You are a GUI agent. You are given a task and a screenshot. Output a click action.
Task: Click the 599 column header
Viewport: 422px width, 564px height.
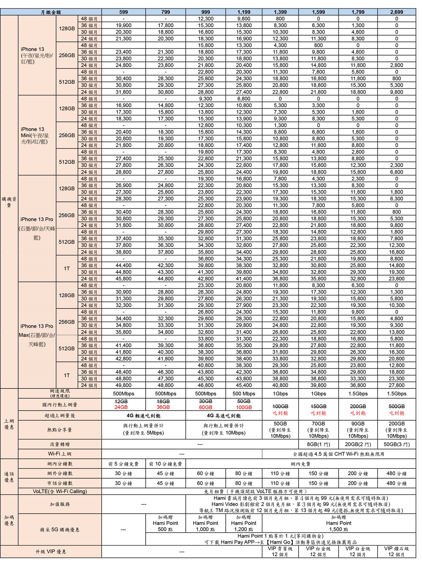(123, 12)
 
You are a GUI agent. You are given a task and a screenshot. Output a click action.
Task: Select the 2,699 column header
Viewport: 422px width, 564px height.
(397, 12)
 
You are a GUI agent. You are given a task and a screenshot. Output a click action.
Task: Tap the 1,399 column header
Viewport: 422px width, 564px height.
(280, 12)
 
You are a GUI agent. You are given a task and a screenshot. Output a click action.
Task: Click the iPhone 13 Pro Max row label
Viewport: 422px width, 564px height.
(37, 335)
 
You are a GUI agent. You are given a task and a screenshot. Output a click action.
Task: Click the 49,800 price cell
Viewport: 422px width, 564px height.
(123, 385)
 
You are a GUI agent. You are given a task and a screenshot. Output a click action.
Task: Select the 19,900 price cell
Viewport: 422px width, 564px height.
(123, 25)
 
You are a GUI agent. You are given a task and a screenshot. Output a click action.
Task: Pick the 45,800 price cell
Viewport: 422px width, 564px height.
(123, 278)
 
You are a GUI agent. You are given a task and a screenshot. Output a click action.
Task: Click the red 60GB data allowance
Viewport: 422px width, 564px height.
(205, 407)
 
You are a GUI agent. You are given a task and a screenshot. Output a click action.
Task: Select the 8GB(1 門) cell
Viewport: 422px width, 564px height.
(318, 445)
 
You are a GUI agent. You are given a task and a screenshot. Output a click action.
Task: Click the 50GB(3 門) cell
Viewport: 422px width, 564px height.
(397, 445)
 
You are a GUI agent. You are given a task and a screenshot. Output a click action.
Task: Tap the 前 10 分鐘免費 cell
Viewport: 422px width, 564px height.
(165, 464)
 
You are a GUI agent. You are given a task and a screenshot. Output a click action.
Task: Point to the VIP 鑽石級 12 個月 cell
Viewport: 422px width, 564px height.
(397, 551)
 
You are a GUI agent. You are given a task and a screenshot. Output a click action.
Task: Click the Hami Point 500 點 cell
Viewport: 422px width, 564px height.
(165, 523)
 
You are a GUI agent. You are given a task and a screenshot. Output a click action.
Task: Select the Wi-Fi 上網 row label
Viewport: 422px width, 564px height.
(60, 454)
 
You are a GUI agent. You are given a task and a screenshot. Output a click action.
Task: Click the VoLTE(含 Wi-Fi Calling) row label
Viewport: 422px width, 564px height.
(60, 491)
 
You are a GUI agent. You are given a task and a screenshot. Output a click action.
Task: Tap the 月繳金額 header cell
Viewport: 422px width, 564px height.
(51, 12)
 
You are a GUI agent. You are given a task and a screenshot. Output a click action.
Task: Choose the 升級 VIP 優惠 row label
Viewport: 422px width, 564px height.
(51, 551)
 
